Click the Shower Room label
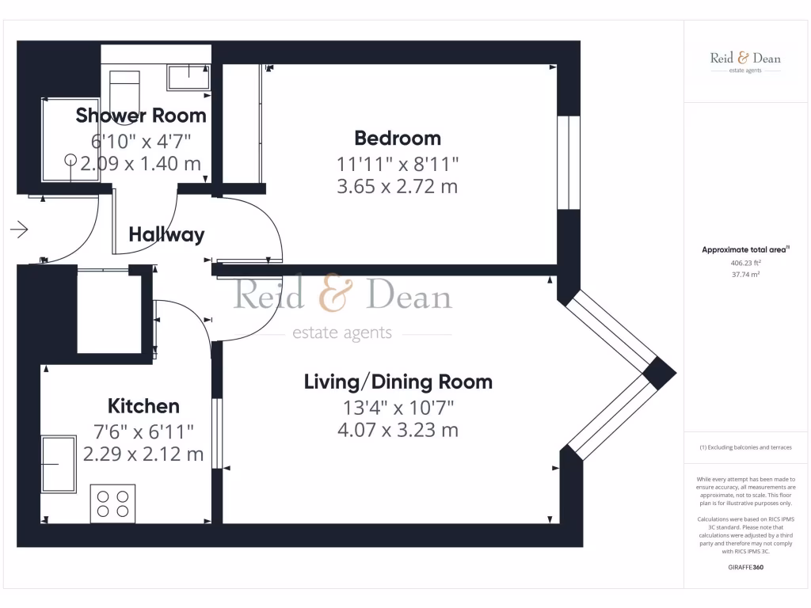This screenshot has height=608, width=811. (141, 116)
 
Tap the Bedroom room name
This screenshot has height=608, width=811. (398, 139)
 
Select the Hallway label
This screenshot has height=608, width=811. (166, 234)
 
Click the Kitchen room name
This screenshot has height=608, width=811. (143, 406)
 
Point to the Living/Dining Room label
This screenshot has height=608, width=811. (398, 382)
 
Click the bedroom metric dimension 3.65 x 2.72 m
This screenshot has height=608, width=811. (398, 187)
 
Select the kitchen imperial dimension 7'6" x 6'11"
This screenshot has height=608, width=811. (143, 431)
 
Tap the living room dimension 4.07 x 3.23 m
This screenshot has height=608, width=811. (398, 431)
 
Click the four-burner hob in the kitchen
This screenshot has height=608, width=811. (112, 503)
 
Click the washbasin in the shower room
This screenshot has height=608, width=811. (188, 78)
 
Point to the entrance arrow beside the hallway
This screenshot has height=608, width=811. (20, 230)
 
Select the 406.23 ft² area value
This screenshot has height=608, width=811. (744, 263)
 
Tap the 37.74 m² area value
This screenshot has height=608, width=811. (744, 274)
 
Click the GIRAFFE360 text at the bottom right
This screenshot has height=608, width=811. (744, 567)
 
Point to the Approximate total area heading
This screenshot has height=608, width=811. (744, 250)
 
